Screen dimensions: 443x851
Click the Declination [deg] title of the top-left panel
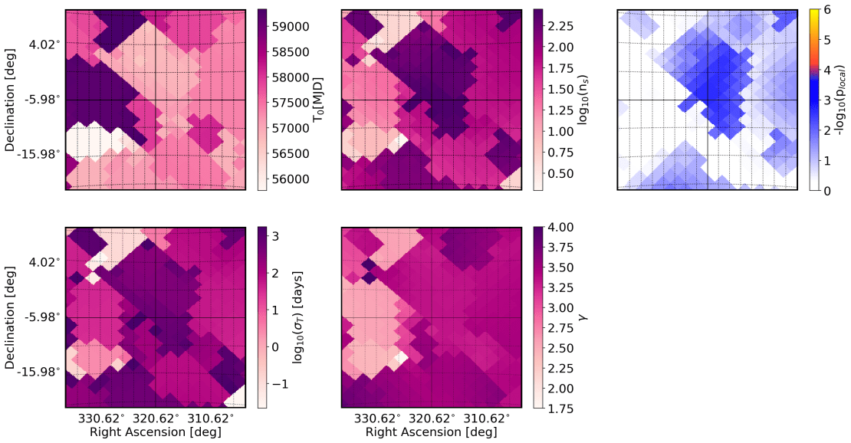point(11,99)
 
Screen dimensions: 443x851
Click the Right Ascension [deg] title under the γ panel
point(431,433)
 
